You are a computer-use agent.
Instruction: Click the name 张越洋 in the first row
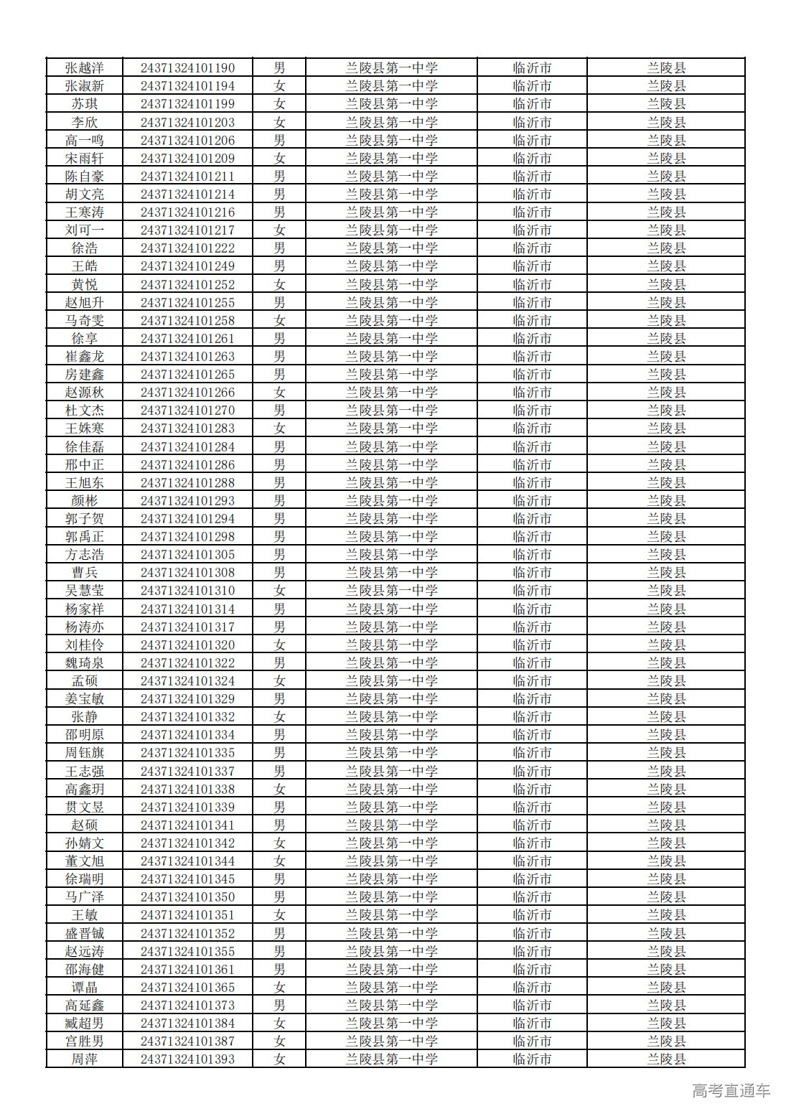pos(85,68)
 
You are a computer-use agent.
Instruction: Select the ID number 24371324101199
pos(187,104)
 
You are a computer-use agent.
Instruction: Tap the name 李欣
pos(85,123)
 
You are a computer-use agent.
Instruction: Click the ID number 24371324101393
pos(187,1059)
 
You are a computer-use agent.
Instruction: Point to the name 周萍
pos(85,1059)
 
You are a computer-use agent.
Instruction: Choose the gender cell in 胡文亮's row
pos(279,195)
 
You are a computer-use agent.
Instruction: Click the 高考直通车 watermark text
pos(731,1091)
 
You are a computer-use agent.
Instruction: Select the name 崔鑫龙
pos(85,357)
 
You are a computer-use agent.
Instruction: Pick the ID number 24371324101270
pos(187,411)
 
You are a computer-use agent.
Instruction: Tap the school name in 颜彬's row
pos(391,501)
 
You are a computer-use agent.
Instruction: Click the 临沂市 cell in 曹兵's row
pos(532,573)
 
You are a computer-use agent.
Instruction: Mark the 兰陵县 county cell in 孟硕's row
pos(666,681)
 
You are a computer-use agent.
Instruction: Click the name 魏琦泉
pos(85,663)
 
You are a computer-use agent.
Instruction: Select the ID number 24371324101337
pos(187,772)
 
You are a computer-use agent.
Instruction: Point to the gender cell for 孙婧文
pos(279,843)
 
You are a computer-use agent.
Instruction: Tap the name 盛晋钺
pos(85,934)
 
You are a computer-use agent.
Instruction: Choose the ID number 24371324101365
pos(187,988)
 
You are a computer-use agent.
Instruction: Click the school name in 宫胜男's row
pos(391,1041)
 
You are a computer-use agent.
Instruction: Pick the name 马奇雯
pos(85,321)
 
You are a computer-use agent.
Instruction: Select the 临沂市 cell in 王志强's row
pos(532,772)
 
